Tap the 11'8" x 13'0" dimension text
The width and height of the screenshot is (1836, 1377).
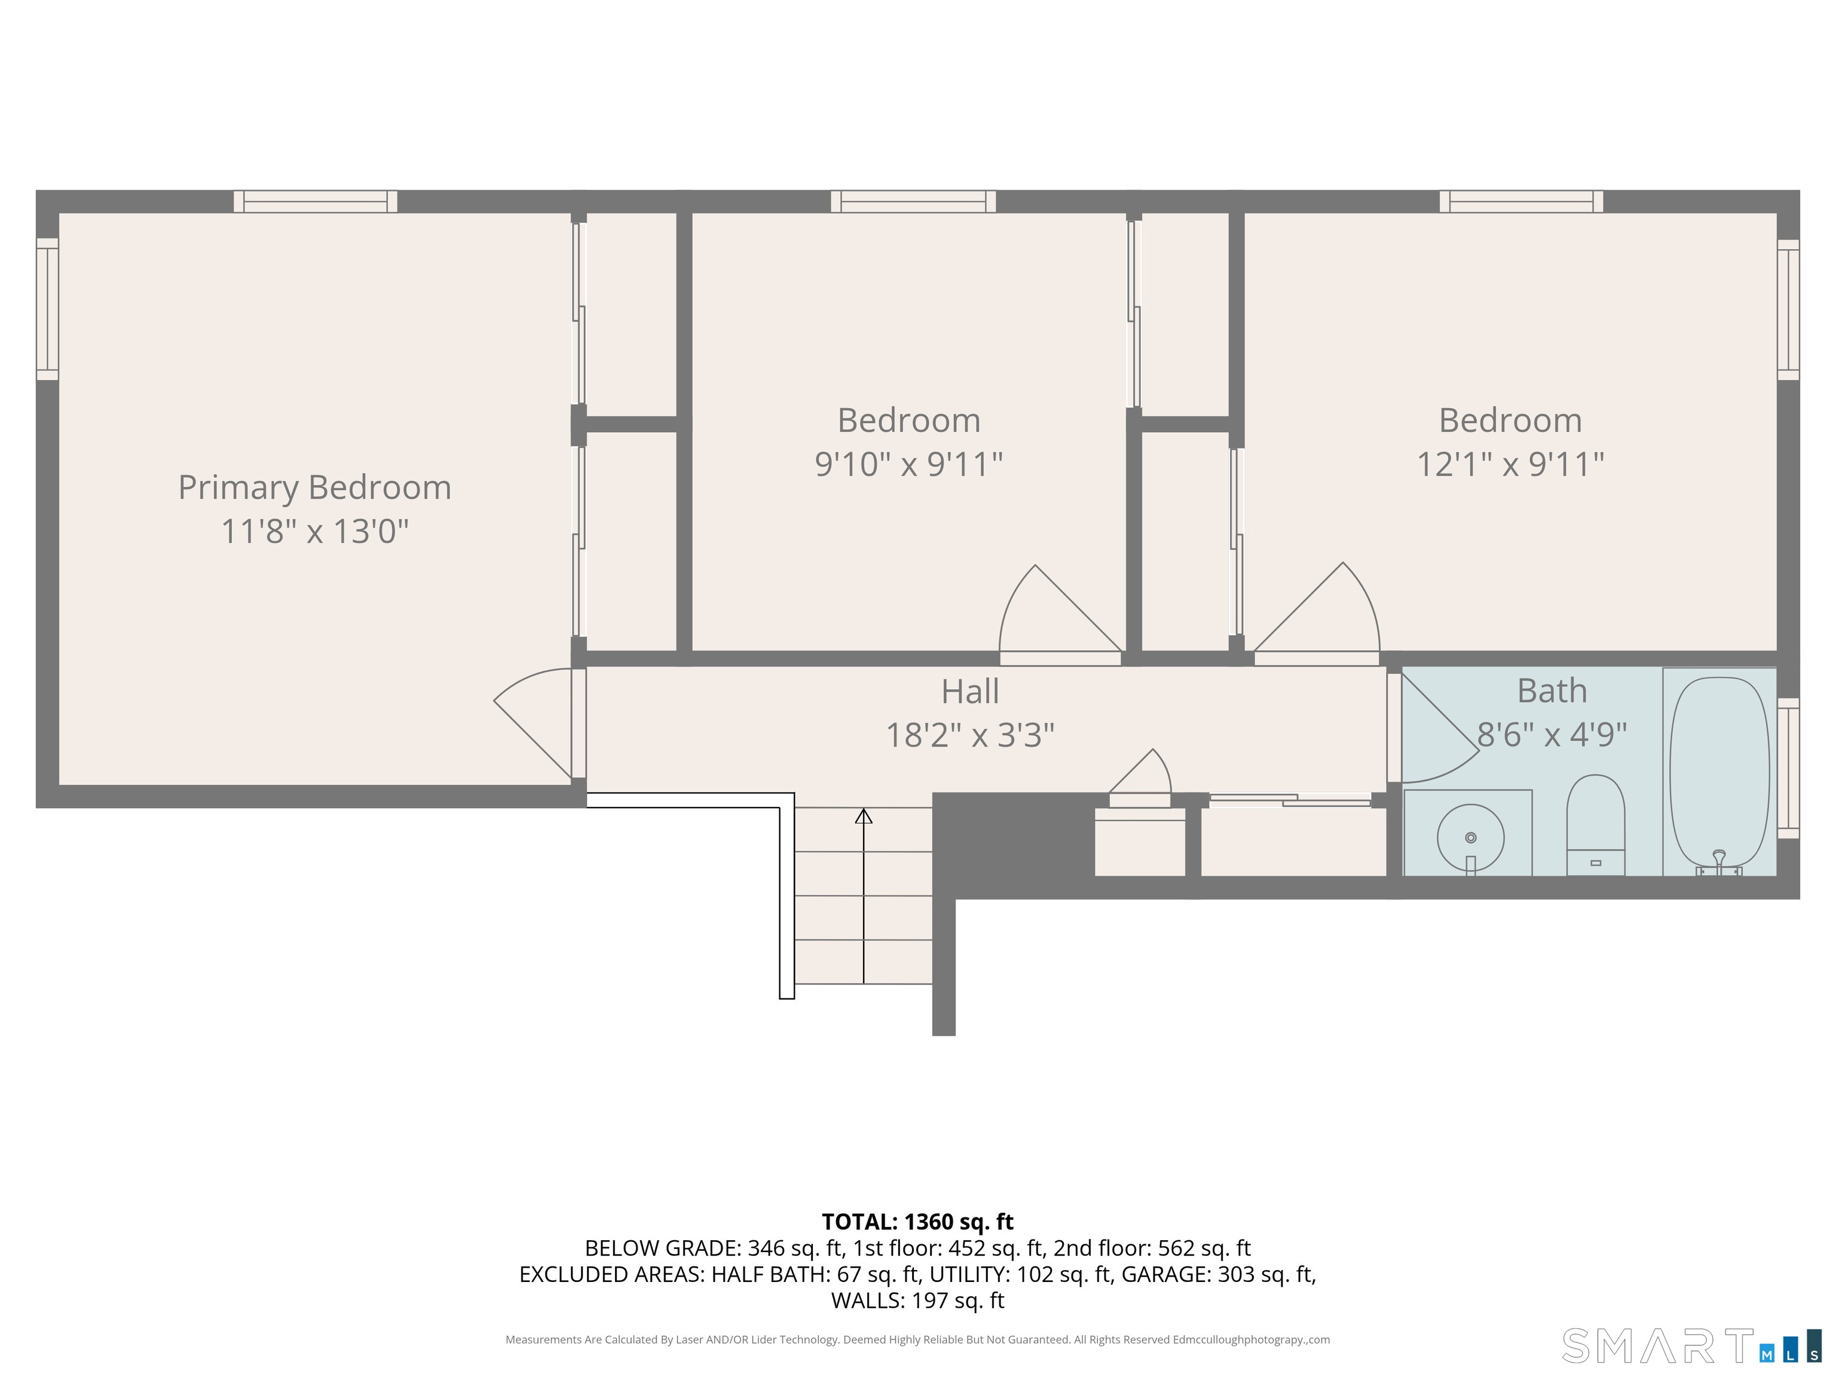314,531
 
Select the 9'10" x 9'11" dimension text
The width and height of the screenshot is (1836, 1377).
909,464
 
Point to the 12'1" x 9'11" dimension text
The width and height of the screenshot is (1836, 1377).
1510,464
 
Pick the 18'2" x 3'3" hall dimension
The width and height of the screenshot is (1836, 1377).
969,735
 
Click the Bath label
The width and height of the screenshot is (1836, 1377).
1552,690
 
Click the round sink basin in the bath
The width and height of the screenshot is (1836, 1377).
1471,837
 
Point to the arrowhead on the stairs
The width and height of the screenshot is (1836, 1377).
863,816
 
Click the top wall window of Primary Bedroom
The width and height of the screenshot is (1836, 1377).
316,201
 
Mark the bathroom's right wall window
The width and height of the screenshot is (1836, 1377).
1788,768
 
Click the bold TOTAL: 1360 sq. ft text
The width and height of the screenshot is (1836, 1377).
917,1222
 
